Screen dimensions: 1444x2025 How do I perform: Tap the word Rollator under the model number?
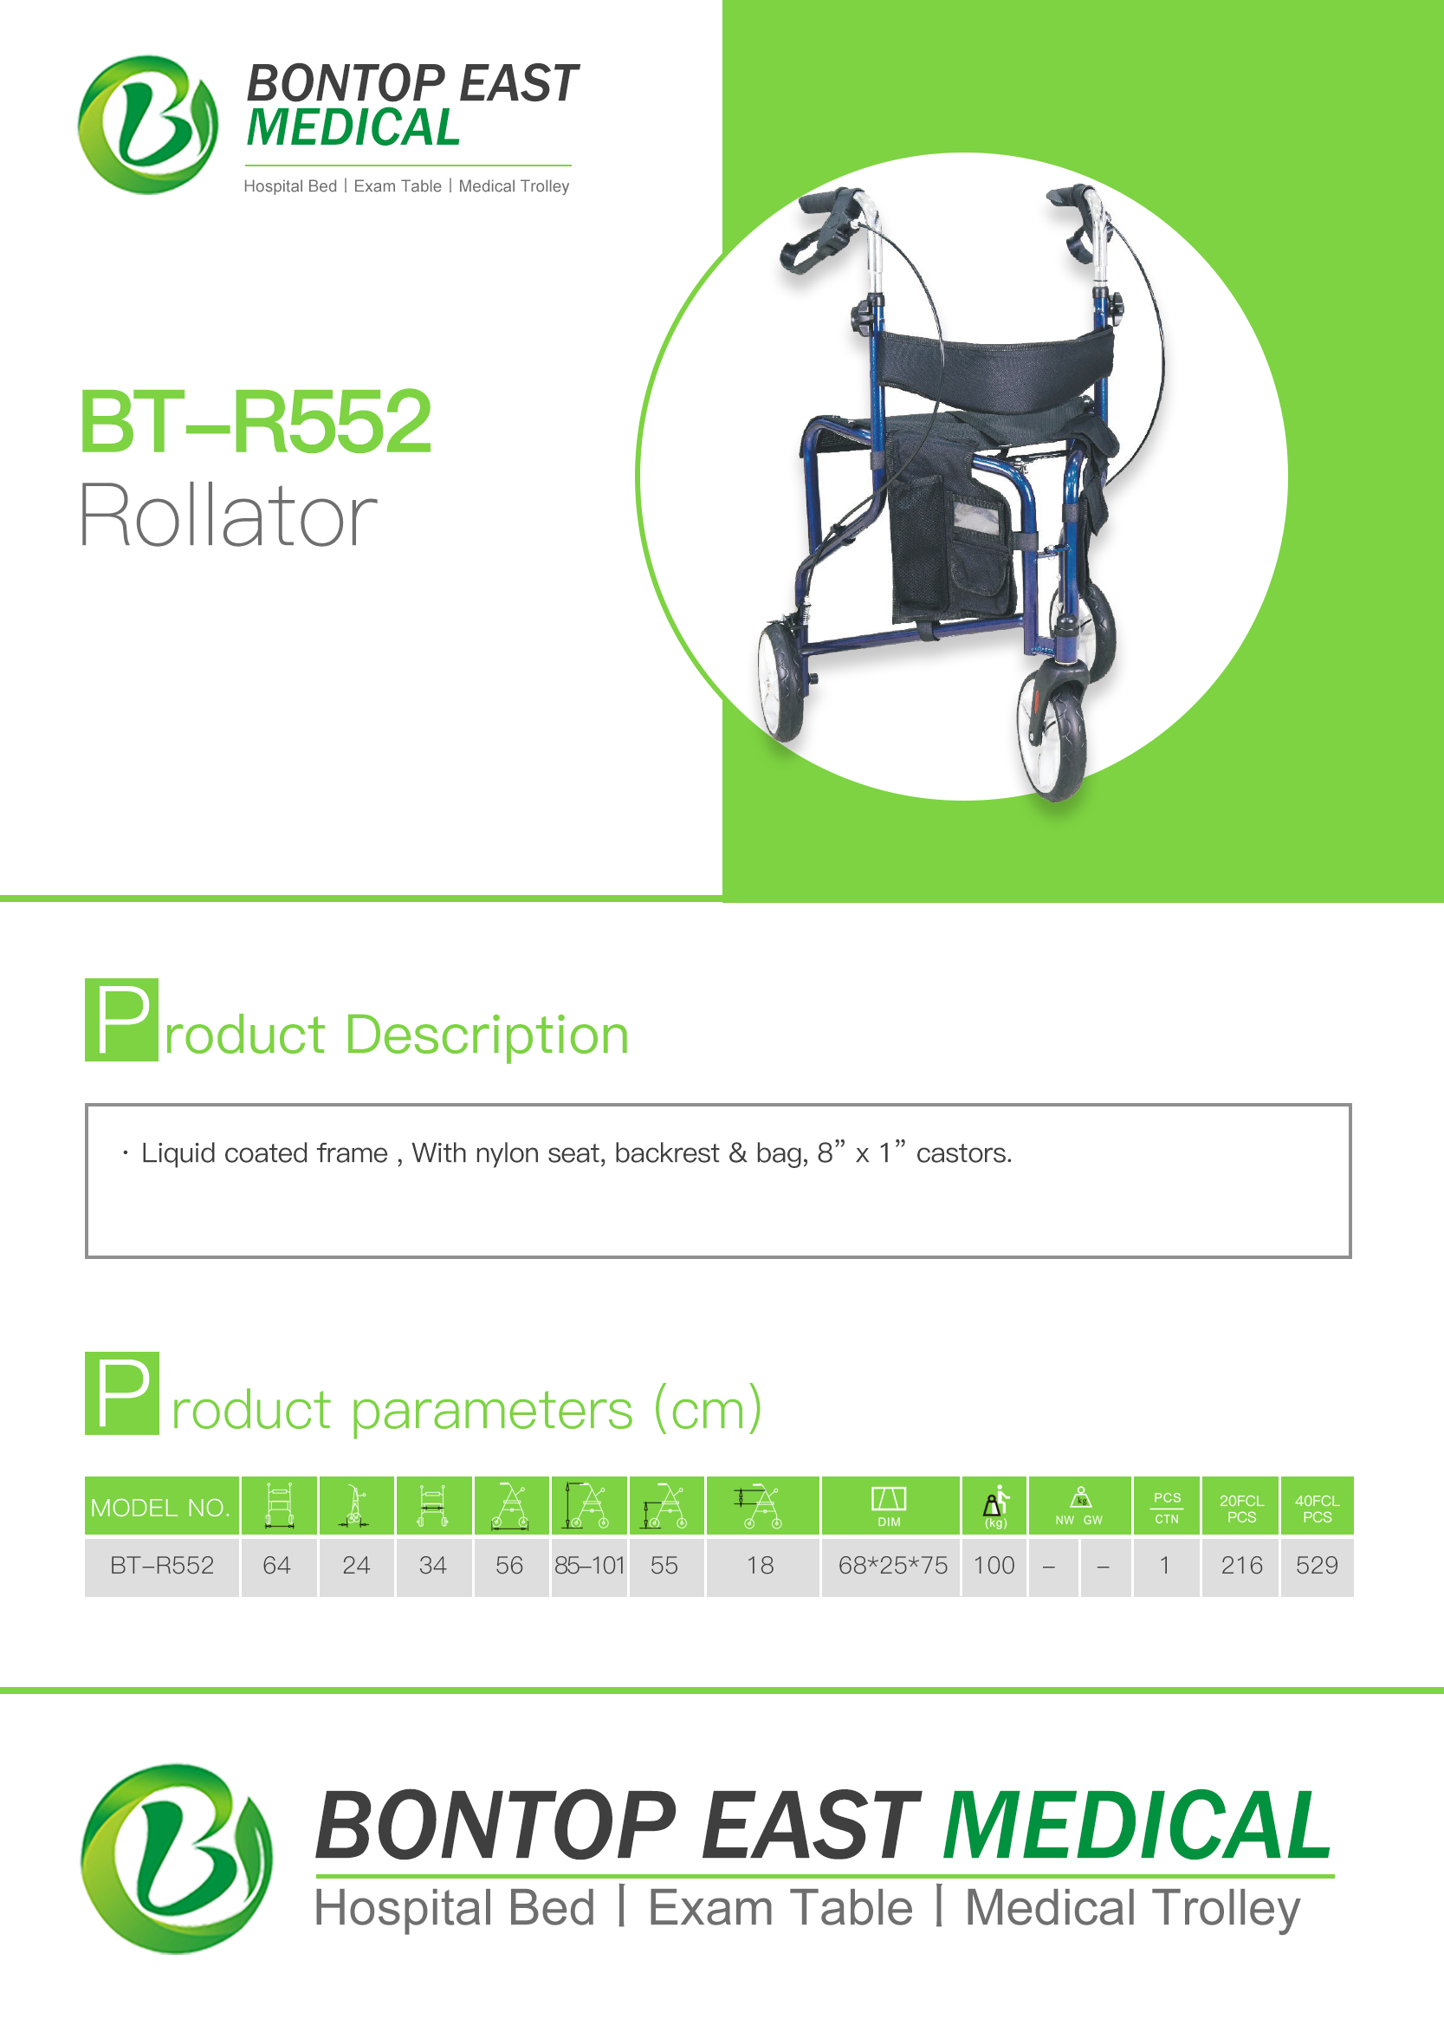click(229, 515)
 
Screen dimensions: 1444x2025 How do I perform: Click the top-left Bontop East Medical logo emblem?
click(147, 125)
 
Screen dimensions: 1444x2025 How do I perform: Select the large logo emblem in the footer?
click(177, 1858)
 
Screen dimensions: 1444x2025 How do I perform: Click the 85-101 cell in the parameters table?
click(590, 1565)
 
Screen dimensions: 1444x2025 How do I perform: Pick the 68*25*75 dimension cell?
click(893, 1565)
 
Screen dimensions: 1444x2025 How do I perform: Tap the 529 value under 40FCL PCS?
click(1317, 1565)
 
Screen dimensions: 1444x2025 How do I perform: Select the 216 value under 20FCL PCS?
click(1241, 1565)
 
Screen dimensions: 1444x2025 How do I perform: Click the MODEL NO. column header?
click(161, 1508)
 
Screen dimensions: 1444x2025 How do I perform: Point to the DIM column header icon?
click(889, 1506)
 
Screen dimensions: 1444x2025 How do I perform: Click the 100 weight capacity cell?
click(994, 1565)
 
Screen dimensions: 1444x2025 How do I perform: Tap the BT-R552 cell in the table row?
click(162, 1565)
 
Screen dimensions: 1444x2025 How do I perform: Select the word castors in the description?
click(964, 1153)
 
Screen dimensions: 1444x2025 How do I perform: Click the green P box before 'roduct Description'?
click(122, 1019)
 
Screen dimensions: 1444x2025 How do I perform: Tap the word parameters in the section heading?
click(492, 1412)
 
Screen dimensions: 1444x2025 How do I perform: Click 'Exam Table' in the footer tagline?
click(780, 1909)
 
